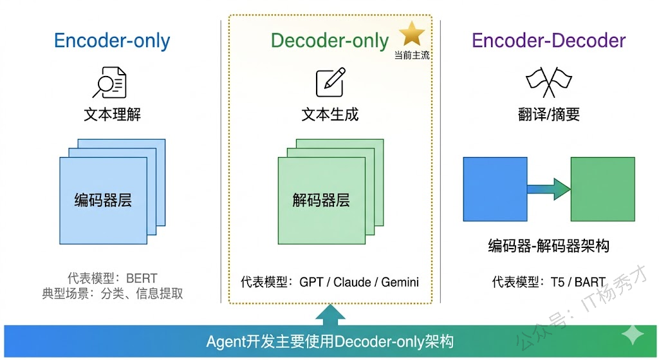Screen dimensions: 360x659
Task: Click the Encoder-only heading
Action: [112, 41]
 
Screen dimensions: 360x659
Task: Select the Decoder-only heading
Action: [329, 41]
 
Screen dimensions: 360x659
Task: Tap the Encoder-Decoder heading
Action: [548, 41]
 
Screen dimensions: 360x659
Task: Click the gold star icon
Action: [412, 34]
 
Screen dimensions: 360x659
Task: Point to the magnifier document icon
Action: [110, 82]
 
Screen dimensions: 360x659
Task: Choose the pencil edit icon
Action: [329, 82]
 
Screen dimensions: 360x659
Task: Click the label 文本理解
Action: [112, 115]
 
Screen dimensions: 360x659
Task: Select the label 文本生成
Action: [329, 115]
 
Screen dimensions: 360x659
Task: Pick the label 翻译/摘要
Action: [549, 115]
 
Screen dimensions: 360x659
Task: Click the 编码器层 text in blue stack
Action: [103, 200]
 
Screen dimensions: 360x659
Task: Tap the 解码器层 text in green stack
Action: [321, 200]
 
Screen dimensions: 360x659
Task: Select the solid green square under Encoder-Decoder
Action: [602, 189]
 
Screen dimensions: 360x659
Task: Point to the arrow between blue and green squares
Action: [549, 189]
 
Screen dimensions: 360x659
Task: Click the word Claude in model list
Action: [352, 282]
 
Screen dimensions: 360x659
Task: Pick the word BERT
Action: [142, 279]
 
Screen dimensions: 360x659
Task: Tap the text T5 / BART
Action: [577, 282]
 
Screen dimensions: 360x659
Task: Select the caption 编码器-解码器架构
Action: [548, 246]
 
